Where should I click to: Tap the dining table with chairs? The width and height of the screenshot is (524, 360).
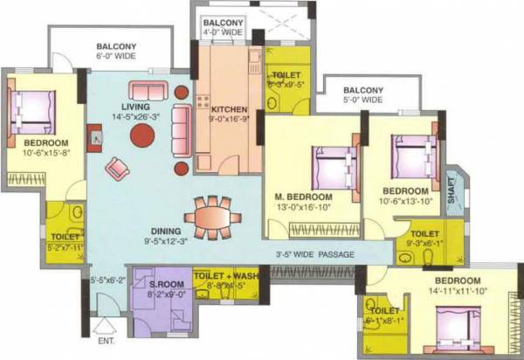(x=210, y=214)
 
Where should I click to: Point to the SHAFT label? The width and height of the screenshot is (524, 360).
(x=452, y=197)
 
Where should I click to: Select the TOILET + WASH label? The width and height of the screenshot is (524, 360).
(x=224, y=273)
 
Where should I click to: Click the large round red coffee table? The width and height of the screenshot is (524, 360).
(x=142, y=135)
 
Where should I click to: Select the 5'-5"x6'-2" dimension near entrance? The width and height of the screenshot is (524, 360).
(x=108, y=281)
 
